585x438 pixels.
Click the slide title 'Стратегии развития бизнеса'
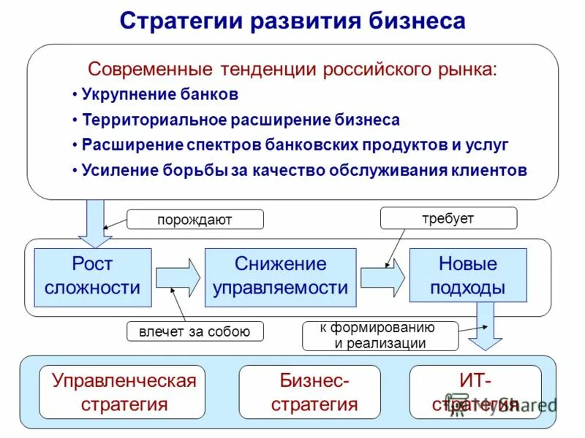(x=292, y=20)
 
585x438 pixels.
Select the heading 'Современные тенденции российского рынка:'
(x=292, y=69)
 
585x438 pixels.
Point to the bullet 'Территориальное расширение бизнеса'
(x=240, y=120)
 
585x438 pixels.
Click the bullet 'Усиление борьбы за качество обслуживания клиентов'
(x=303, y=170)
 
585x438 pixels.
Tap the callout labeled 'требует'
(x=448, y=218)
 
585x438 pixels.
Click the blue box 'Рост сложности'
(x=92, y=277)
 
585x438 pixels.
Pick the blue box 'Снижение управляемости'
(x=280, y=277)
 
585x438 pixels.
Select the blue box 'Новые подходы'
(x=467, y=276)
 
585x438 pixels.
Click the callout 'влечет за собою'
(x=195, y=331)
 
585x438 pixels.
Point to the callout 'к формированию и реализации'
(x=380, y=336)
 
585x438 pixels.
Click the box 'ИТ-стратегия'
(x=475, y=392)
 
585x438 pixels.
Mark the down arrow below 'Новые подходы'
(x=485, y=325)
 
